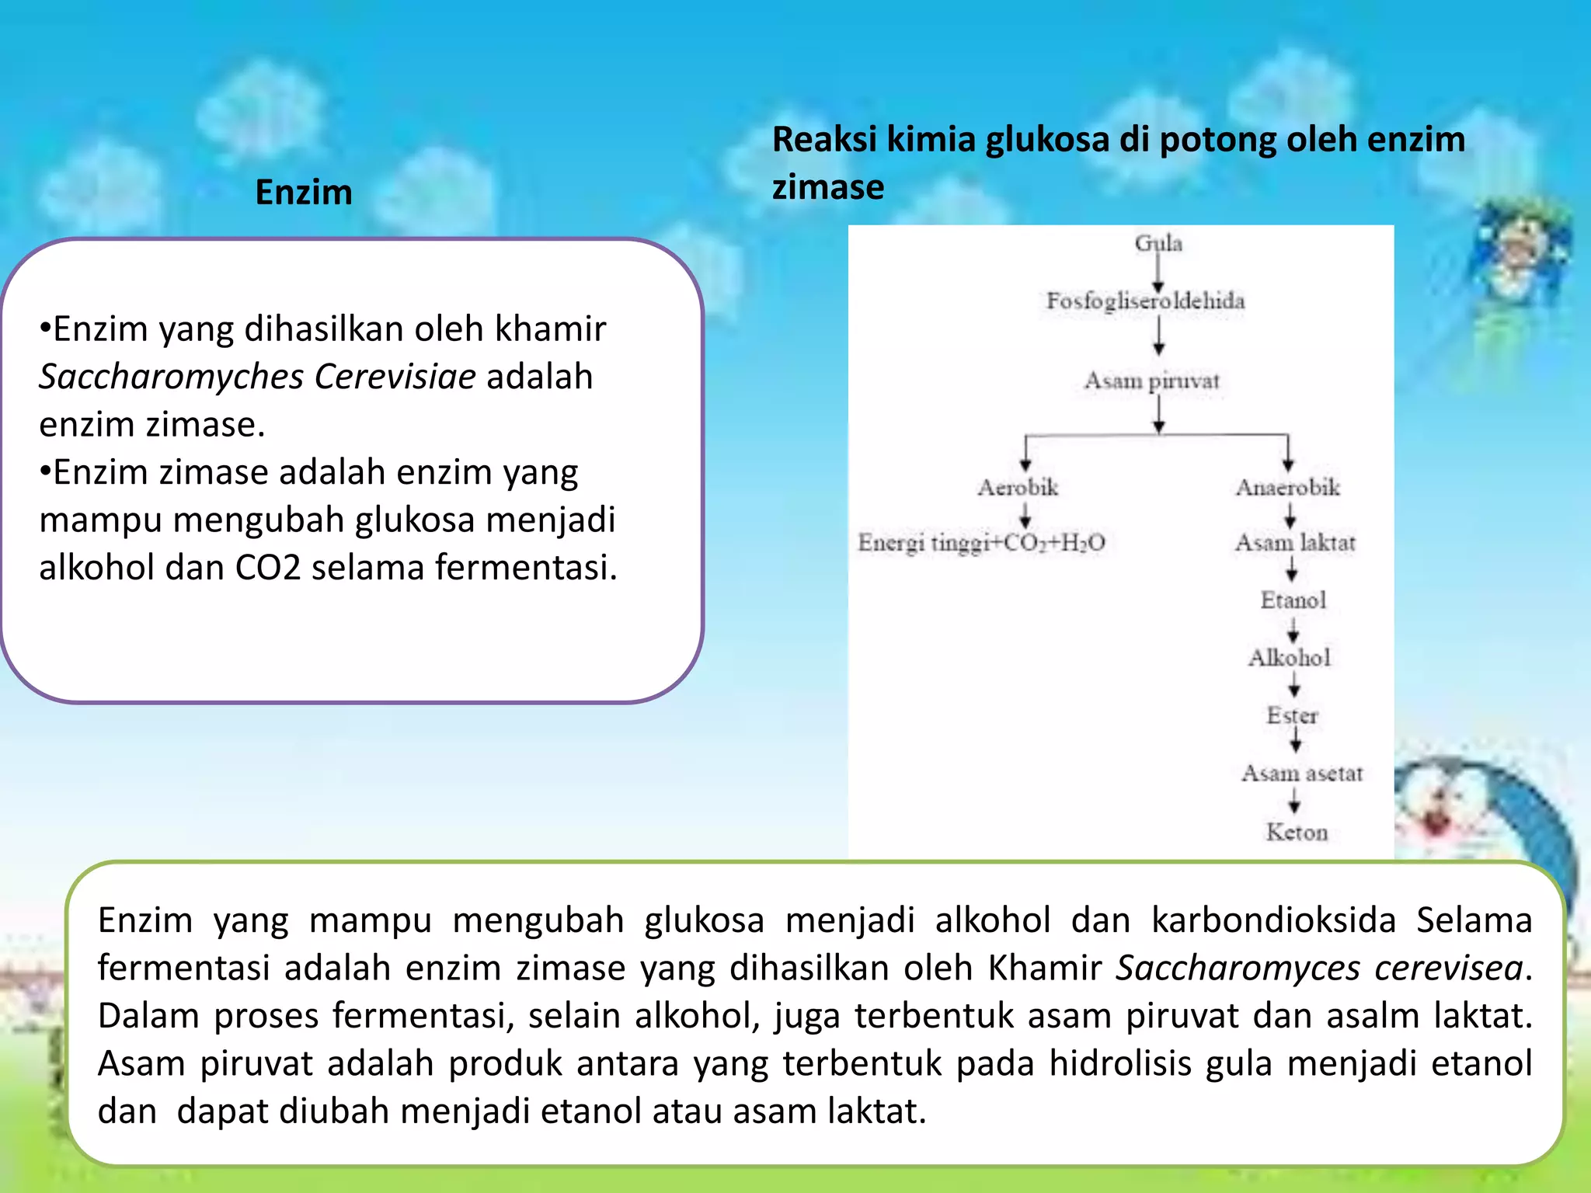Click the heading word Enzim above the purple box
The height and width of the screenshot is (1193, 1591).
[x=304, y=192]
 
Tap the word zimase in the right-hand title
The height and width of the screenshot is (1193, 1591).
[x=828, y=187]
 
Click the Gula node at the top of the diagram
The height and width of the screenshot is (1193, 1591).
[x=1158, y=243]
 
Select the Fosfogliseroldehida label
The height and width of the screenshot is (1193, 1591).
[x=1145, y=301]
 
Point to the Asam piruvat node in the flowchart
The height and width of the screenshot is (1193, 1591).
[x=1152, y=381]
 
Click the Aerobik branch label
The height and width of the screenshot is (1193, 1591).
[x=1018, y=488]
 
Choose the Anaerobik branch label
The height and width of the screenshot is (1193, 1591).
[x=1288, y=488]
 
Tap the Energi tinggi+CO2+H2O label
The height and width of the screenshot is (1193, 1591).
[x=981, y=542]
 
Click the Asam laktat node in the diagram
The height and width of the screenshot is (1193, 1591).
[x=1295, y=542]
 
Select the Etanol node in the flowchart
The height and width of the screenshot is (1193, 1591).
[x=1293, y=600]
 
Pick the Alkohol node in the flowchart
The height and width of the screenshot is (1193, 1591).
[x=1290, y=658]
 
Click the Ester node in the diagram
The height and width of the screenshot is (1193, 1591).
[x=1292, y=715]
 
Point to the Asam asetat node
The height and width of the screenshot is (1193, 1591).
[x=1302, y=774]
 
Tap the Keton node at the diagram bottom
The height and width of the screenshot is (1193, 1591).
[x=1297, y=832]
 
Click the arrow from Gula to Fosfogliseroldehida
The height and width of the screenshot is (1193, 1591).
[x=1158, y=272]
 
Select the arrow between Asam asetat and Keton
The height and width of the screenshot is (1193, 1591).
[x=1294, y=801]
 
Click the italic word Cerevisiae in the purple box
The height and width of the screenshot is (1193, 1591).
[x=395, y=377]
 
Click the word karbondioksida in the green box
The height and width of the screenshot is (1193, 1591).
[x=1274, y=920]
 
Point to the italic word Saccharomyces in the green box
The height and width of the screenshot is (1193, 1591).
[x=1238, y=969]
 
